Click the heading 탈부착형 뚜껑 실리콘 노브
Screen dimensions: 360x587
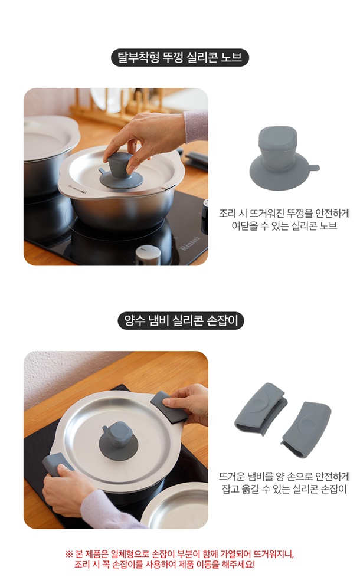tap(180, 57)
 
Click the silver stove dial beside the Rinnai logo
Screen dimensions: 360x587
tap(148, 255)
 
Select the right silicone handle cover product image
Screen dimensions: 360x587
tap(306, 429)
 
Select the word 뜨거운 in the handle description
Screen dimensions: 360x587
tap(233, 476)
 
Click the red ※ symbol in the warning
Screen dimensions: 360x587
tap(69, 554)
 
